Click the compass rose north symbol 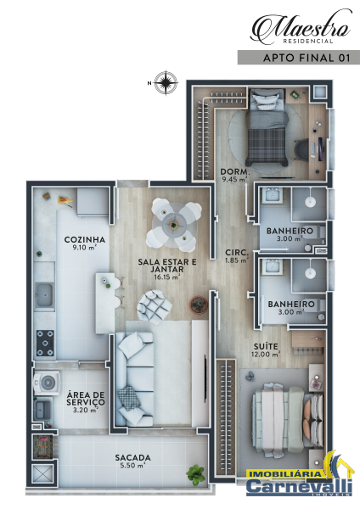point(166,83)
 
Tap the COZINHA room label point(85,240)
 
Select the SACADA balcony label point(133,458)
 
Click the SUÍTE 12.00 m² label point(266,350)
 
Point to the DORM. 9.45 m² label point(235,176)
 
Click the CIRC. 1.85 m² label point(237,256)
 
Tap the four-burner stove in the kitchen point(45,343)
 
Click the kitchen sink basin point(44,294)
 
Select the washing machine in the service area point(48,383)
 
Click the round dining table point(174,225)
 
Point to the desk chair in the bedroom point(302,150)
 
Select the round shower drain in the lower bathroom point(310,273)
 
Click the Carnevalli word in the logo point(299,486)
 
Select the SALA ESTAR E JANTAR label point(167,266)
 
